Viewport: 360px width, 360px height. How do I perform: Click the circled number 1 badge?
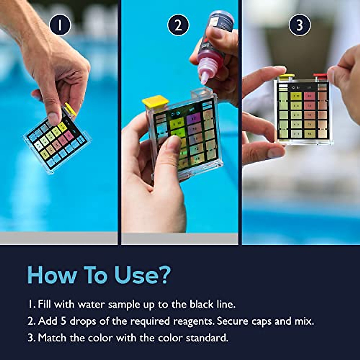(60, 25)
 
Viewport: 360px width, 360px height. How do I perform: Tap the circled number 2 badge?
(178, 25)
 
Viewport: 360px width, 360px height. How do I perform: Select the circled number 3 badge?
(299, 25)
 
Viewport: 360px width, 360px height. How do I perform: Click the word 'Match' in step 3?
(52, 338)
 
